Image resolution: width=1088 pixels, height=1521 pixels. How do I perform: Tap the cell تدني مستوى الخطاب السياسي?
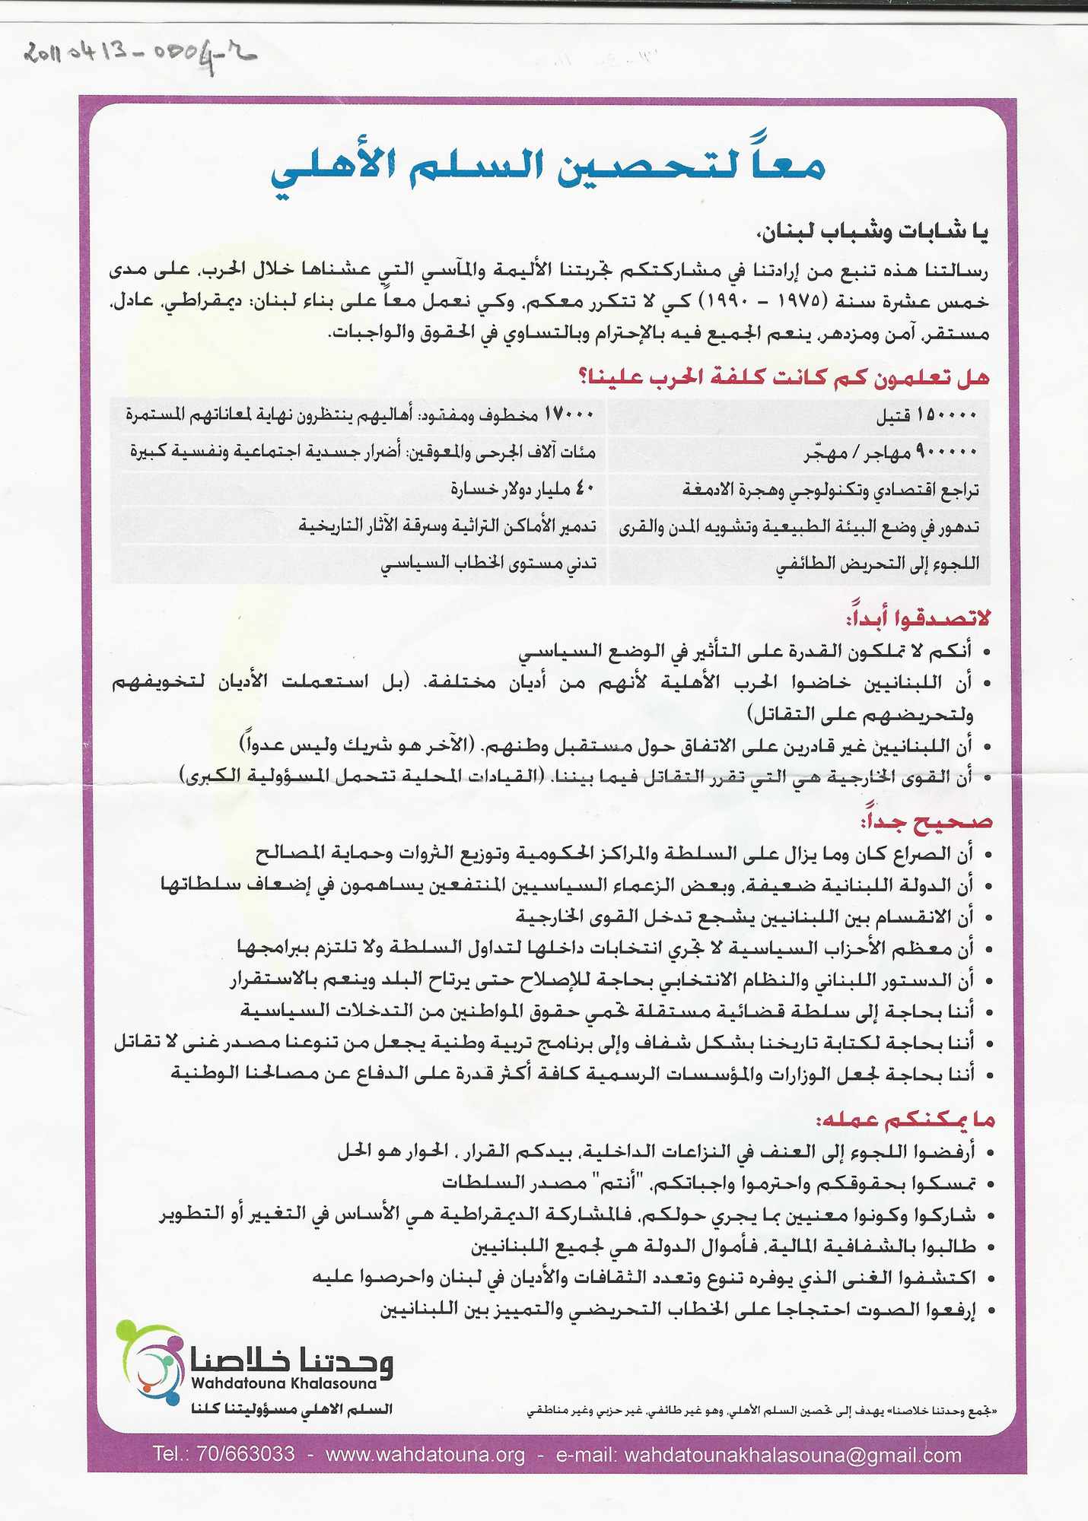click(488, 564)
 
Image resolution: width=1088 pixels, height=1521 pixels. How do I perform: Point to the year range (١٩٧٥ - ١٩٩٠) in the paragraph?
click(749, 302)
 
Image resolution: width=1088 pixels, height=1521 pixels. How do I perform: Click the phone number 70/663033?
click(245, 1454)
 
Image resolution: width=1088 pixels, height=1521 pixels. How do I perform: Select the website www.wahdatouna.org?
click(425, 1454)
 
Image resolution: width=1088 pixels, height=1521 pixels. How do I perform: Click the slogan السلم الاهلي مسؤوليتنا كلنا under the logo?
click(292, 1408)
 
